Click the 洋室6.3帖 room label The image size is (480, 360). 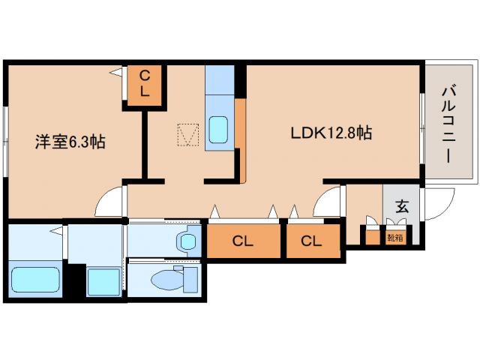coord(70,142)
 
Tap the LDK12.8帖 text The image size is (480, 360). coord(331,133)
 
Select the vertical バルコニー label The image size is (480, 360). coord(448,125)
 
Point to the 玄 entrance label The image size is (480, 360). coord(402,206)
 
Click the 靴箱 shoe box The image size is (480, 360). coord(395,238)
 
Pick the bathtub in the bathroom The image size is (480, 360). coord(35,280)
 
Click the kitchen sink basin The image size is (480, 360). coord(218,130)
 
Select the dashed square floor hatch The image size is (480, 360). coord(188,135)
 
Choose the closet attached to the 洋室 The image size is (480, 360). coord(144,85)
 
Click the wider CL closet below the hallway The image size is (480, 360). coord(244,241)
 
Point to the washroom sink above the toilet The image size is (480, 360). coord(187,241)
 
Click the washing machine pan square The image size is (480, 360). coord(103,281)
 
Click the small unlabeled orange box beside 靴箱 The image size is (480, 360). coord(373,238)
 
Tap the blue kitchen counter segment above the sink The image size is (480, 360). coord(220,79)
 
